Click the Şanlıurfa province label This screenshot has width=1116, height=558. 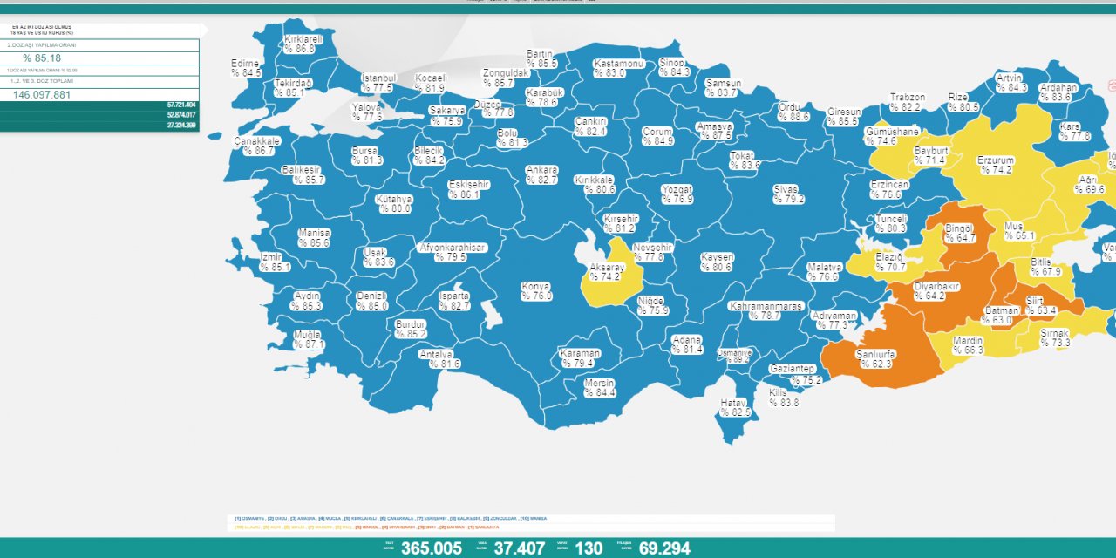874,358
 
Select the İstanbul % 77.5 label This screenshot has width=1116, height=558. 378,83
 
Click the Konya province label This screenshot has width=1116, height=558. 536,291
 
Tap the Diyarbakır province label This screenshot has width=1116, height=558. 935,290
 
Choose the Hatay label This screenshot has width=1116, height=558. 733,407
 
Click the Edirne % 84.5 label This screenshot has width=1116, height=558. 246,68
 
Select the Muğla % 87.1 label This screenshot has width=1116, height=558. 308,340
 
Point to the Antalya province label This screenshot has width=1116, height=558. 436,359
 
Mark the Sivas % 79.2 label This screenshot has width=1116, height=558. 788,194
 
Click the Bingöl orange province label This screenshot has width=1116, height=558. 960,233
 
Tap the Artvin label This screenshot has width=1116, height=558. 1011,83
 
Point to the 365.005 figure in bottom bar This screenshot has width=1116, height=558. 432,548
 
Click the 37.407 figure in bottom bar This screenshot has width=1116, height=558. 520,548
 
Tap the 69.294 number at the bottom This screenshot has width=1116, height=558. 664,548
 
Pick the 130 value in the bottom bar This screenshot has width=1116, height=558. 589,548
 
